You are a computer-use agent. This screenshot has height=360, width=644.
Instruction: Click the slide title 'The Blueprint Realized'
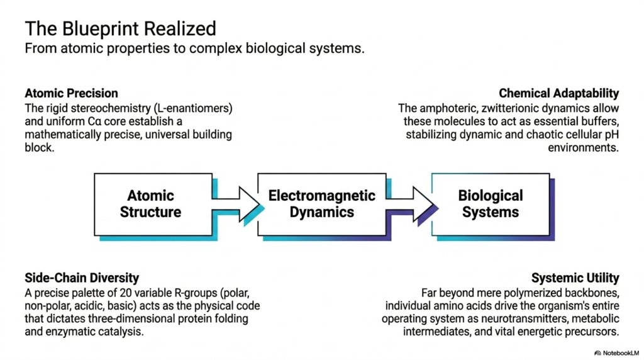pyautogui.click(x=120, y=29)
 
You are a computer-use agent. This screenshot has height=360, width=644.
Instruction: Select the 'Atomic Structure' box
pyautogui.click(x=153, y=205)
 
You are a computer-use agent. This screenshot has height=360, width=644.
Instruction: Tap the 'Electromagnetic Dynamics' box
pyautogui.click(x=321, y=205)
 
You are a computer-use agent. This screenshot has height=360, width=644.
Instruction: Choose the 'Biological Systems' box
pyautogui.click(x=491, y=205)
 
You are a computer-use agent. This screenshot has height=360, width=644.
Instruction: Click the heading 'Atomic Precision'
pyautogui.click(x=71, y=93)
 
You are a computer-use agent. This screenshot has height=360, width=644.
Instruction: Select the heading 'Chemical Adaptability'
pyautogui.click(x=558, y=93)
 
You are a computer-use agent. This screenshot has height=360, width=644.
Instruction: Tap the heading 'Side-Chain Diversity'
pyautogui.click(x=82, y=278)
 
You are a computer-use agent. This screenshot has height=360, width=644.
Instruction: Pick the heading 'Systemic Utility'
pyautogui.click(x=575, y=278)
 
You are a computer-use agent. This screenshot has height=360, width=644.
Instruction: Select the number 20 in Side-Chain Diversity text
pyautogui.click(x=125, y=293)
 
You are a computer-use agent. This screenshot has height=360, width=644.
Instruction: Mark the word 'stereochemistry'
pyautogui.click(x=111, y=108)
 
